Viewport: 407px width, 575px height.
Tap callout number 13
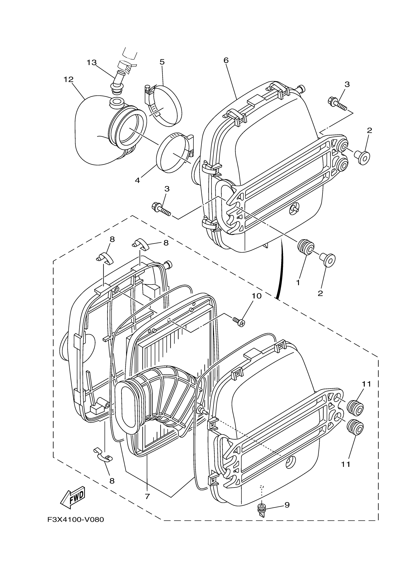coord(91,63)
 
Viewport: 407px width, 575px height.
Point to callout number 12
coord(68,79)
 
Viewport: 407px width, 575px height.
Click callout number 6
coord(226,60)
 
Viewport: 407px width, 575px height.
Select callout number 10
coord(257,296)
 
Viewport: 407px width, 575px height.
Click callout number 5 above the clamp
coord(162,62)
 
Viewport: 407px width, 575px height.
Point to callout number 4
coord(137,180)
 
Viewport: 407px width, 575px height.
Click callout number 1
coord(298,283)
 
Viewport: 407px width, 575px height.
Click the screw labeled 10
coord(238,321)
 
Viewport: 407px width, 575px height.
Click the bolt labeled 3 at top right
coord(337,104)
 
